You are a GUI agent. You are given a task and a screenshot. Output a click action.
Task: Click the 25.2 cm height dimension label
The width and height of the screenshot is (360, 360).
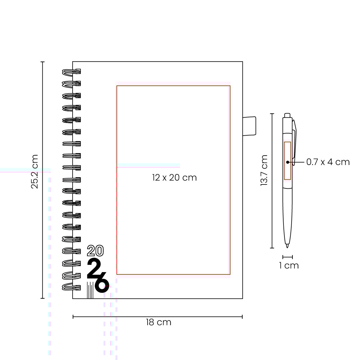[x=34, y=172]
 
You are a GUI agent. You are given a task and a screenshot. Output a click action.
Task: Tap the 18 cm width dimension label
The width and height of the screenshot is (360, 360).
[x=159, y=322]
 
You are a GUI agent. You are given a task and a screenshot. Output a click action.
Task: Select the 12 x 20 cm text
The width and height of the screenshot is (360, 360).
[x=174, y=178]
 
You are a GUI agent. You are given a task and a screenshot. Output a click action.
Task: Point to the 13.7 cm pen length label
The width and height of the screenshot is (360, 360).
[x=264, y=170]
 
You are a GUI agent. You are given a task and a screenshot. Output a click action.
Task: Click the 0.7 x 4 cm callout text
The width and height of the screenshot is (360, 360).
[x=328, y=162]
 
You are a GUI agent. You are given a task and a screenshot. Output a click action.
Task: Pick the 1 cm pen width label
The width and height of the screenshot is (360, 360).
[x=289, y=265]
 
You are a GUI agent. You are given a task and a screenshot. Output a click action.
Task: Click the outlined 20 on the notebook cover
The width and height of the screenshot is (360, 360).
[x=95, y=250]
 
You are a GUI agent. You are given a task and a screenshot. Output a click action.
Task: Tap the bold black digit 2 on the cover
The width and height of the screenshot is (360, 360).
[x=94, y=268]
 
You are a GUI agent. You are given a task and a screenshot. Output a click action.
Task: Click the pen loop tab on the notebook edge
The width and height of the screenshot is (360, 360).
[x=249, y=126]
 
